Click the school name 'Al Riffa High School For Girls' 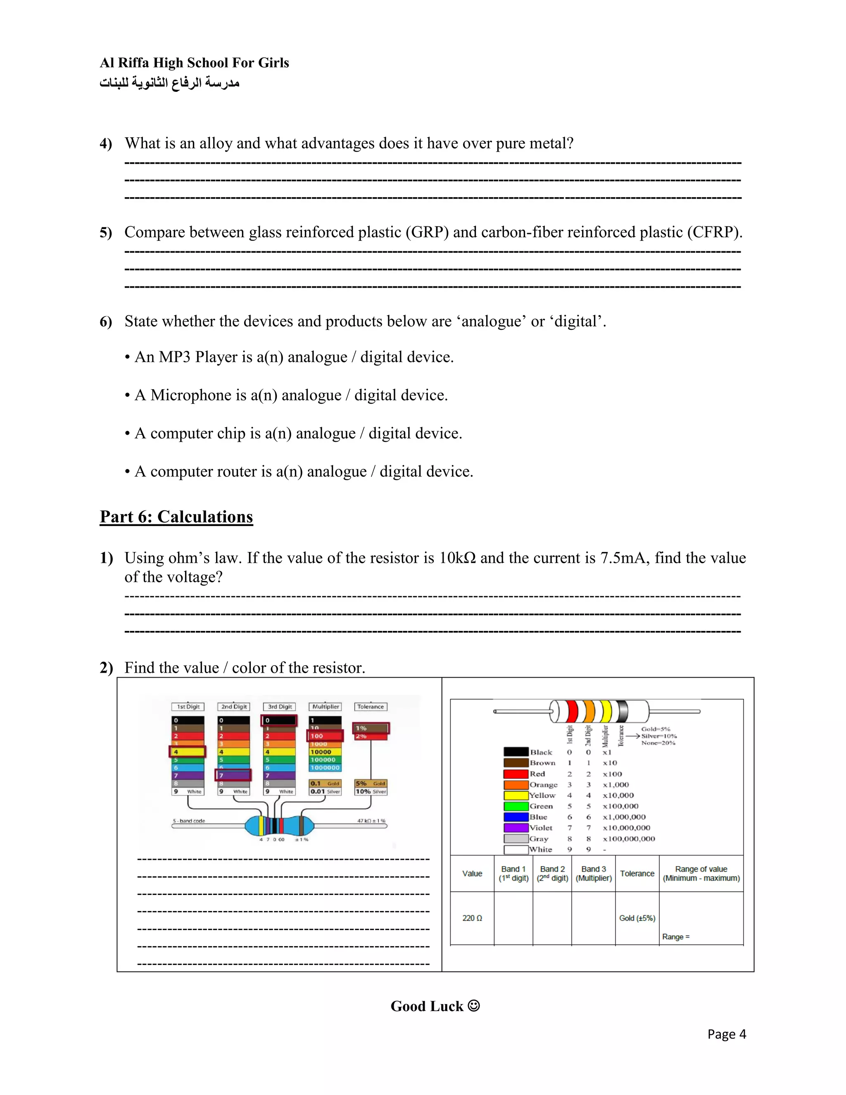click(194, 63)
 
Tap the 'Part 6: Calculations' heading click(176, 517)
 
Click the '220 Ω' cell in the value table click(472, 918)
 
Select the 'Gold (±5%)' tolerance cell click(637, 918)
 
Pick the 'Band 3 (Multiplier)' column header click(594, 874)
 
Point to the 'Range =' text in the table click(675, 937)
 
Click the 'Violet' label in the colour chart click(541, 828)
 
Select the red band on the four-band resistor click(572, 712)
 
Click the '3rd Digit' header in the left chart click(280, 707)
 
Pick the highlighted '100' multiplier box click(325, 736)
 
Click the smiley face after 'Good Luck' click(474, 1006)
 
